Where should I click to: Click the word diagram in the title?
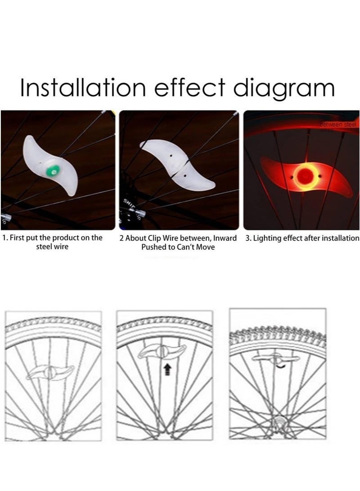pos(284,89)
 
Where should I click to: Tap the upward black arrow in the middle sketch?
pos(167,370)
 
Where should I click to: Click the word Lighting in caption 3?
pos(267,238)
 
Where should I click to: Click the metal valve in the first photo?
pos(5,219)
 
